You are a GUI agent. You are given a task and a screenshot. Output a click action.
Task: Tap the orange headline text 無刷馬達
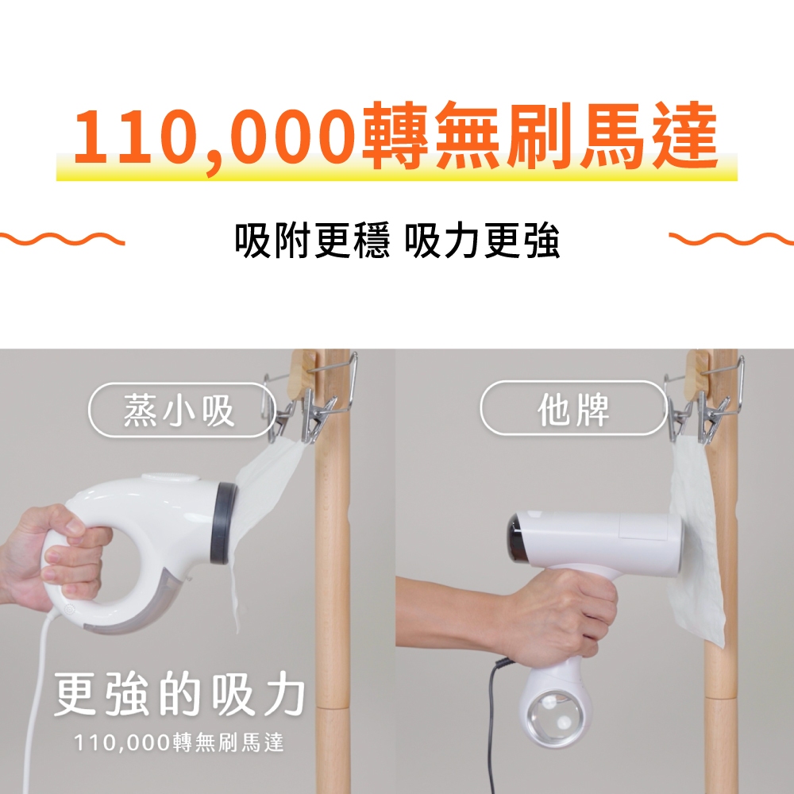tap(575, 135)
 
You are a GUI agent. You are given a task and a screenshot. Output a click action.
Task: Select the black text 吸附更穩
tap(312, 240)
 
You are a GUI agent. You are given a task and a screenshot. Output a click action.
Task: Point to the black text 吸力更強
tap(482, 240)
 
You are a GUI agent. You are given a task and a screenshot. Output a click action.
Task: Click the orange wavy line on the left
tap(62, 238)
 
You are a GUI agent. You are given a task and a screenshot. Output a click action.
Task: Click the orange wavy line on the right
tap(731, 238)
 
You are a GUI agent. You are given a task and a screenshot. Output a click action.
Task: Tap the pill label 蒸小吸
tap(180, 410)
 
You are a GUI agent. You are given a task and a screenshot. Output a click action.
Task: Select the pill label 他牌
tap(573, 408)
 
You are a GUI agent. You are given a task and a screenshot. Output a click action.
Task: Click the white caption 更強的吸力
tap(179, 694)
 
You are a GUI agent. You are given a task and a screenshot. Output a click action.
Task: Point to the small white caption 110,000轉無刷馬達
tap(179, 742)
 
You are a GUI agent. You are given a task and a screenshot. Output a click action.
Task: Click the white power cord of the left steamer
tap(36, 699)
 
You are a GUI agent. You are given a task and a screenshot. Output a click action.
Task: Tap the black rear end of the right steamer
tap(515, 538)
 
